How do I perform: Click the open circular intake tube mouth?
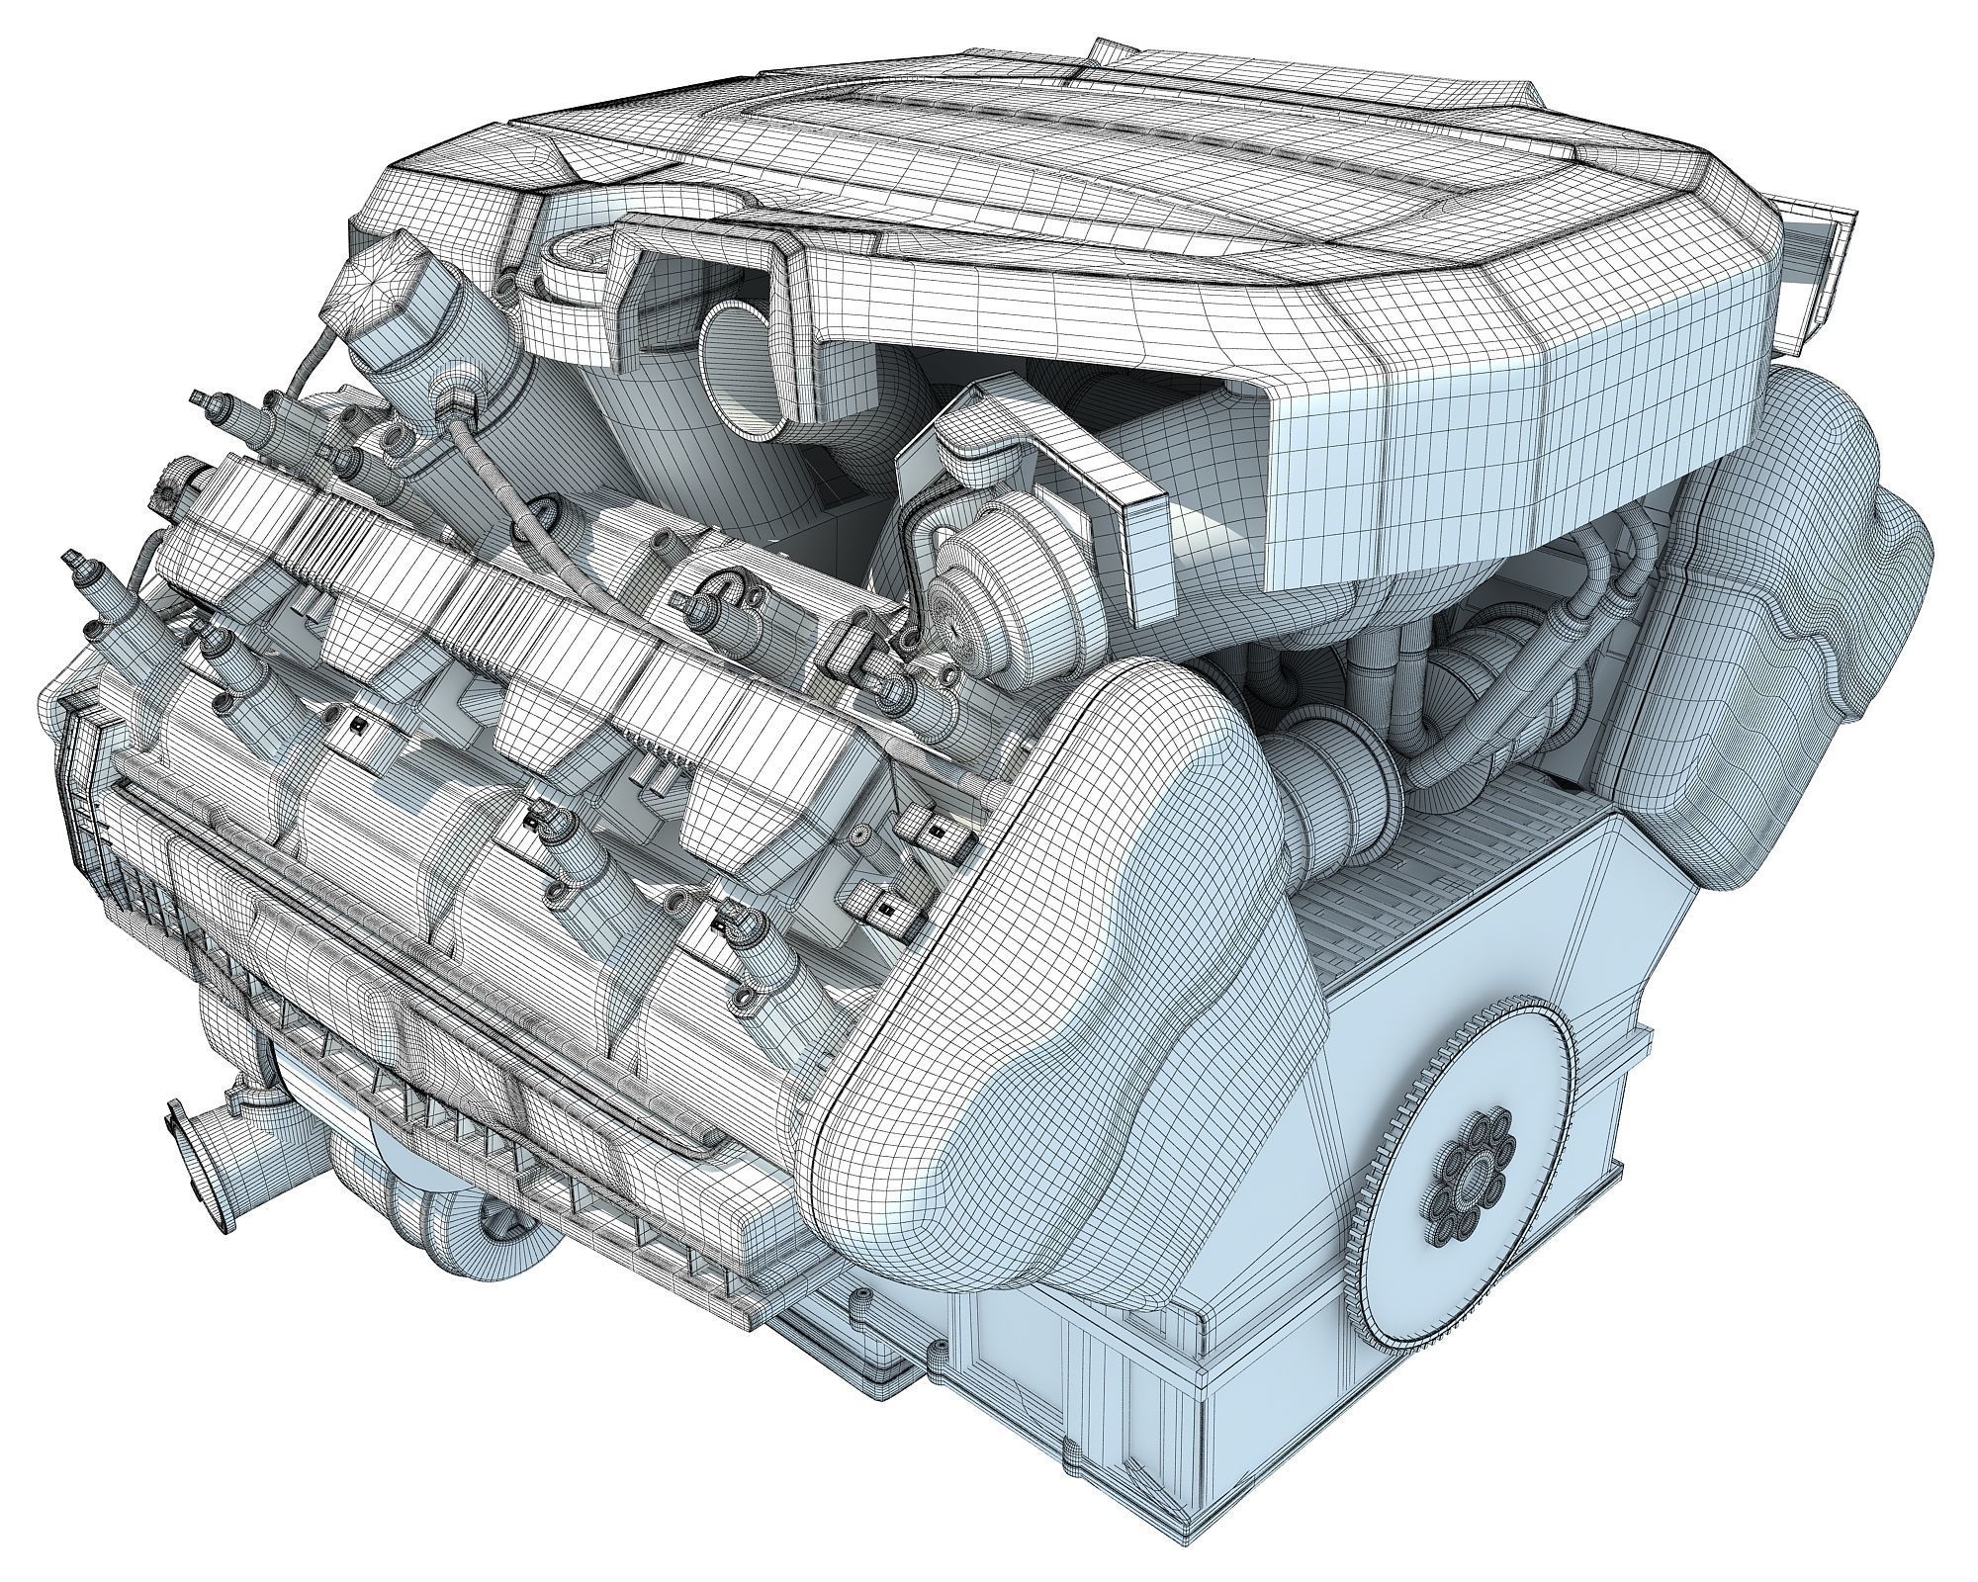(737, 376)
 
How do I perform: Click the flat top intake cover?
(989, 138)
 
